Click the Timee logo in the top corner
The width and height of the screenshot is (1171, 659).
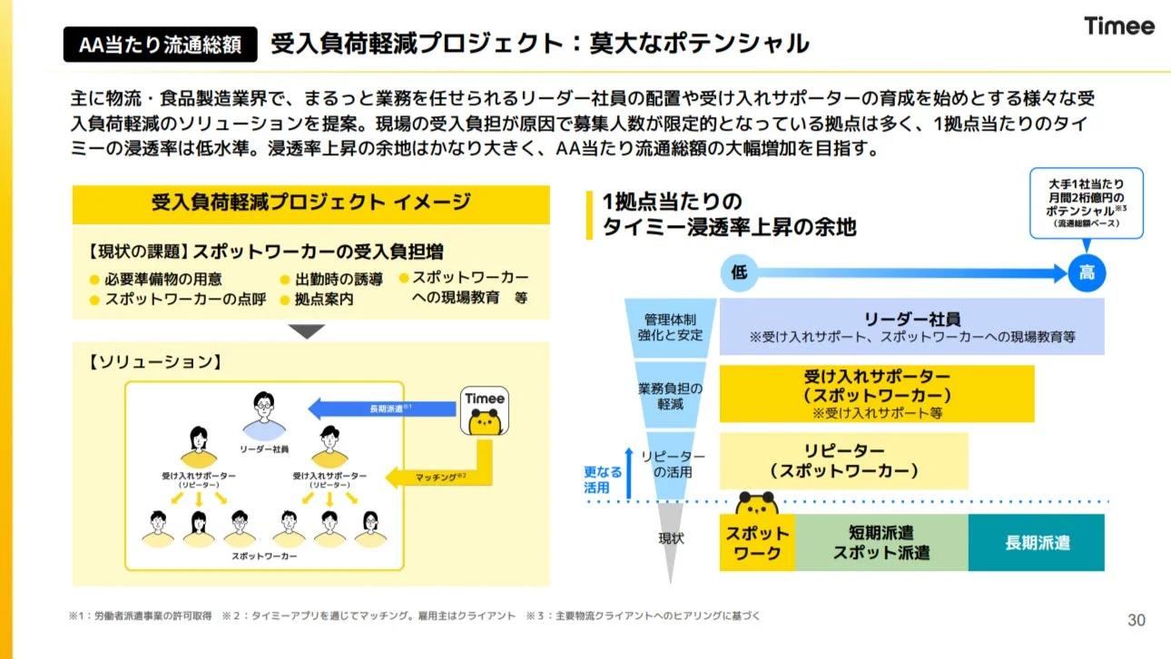coord(1118,26)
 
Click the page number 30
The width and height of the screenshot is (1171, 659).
coord(1136,620)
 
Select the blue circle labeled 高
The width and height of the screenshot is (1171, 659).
coord(1087,273)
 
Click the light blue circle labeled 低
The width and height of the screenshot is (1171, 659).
coord(740,273)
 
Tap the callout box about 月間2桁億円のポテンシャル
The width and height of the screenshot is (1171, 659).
coord(1086,203)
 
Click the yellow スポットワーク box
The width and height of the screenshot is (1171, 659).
coord(757,543)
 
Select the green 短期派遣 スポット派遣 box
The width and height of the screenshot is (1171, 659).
coord(881,543)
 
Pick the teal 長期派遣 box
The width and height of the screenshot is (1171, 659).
coord(1036,543)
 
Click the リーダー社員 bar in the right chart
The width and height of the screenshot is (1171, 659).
coord(911,327)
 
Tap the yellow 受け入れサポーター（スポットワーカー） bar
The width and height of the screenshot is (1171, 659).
coord(876,394)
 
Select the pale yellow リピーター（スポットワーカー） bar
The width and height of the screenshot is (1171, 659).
coord(843,461)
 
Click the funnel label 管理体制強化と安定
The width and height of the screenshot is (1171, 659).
coord(670,328)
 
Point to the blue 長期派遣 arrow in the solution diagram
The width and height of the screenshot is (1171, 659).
coord(381,408)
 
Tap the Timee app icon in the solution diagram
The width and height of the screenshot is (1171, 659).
coord(485,412)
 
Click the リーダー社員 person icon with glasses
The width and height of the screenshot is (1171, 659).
coord(264,414)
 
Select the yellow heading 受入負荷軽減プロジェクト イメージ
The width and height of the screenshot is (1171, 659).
coord(310,203)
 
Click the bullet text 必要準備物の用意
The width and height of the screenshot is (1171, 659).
coord(162,279)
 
